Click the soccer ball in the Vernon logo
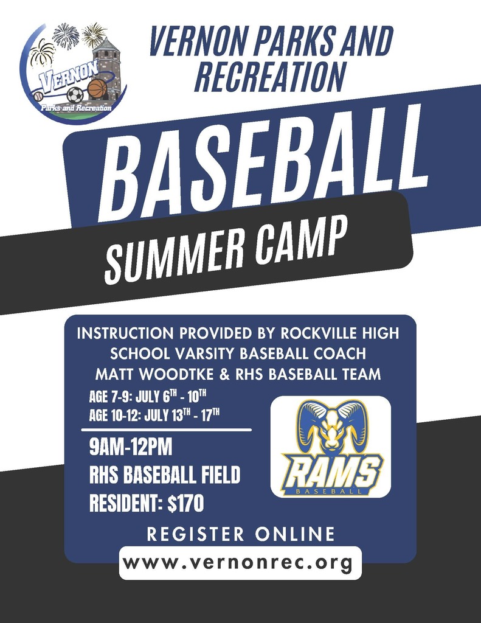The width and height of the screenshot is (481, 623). (75, 95)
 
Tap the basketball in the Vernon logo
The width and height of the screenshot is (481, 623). (97, 89)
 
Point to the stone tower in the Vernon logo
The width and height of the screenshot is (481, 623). (106, 64)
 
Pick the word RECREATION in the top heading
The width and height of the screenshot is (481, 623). (269, 78)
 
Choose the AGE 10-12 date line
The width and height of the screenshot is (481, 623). (154, 417)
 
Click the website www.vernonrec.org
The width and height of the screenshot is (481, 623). (240, 563)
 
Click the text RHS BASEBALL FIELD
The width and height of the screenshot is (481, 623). (165, 475)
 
